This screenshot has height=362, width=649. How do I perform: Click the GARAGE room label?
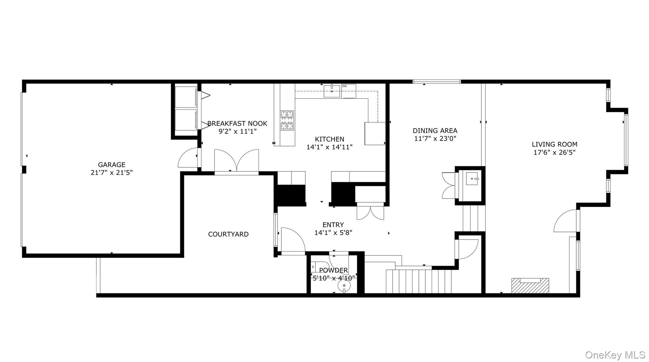point(112,165)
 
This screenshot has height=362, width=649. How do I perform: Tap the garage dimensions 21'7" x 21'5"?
point(112,173)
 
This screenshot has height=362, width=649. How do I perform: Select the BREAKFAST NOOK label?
point(237,124)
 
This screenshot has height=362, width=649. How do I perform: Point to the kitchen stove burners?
point(287,120)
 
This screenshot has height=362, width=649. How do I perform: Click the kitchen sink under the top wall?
point(331,91)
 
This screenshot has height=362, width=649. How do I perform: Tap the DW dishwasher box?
point(349,91)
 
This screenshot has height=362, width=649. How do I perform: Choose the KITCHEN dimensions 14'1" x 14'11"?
point(329,147)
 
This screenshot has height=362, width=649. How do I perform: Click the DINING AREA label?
point(435,131)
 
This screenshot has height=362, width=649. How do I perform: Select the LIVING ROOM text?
point(554,144)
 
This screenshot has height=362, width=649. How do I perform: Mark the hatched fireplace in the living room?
point(530,286)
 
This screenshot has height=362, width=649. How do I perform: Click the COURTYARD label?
point(228,234)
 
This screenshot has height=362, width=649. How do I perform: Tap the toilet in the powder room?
point(319,267)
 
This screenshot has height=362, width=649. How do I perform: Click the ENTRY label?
point(333,225)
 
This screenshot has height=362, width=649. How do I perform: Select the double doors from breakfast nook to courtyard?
point(236,162)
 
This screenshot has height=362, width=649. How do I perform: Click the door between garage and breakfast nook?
point(189,158)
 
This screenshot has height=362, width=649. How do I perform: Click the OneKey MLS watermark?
point(615,355)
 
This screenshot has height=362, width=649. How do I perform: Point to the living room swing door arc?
point(566,220)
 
